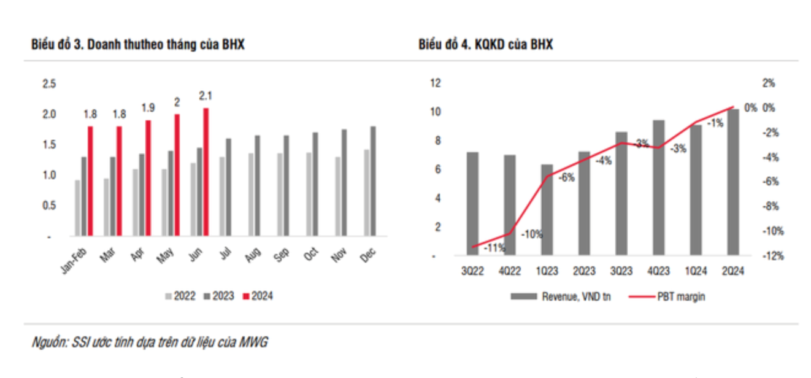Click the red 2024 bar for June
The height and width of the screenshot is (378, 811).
click(x=206, y=172)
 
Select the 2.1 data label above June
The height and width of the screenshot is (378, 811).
click(x=206, y=96)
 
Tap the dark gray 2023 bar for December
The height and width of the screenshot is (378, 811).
click(x=373, y=181)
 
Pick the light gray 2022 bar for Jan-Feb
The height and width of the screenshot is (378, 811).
click(x=77, y=208)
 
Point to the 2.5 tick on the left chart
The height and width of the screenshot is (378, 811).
click(x=48, y=83)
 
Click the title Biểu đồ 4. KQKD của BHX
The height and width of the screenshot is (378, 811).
click(x=486, y=45)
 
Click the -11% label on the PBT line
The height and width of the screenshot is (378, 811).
click(x=494, y=248)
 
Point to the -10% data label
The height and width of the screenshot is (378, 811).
click(x=531, y=234)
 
